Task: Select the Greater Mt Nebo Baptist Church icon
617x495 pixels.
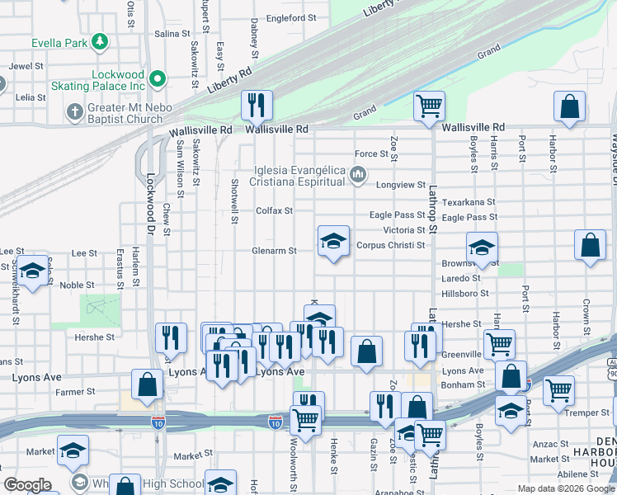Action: [x=74, y=111]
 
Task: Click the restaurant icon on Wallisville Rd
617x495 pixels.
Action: [x=257, y=104]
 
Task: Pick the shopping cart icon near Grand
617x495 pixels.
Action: [x=429, y=106]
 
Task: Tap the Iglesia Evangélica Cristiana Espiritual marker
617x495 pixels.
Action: [x=357, y=174]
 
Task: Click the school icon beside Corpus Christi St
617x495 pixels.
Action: [x=332, y=241]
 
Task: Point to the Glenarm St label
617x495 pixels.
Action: [x=274, y=252]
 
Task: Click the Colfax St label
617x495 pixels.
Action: [x=274, y=211]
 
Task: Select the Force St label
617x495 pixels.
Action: [x=371, y=154]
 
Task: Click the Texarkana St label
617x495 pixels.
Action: [x=468, y=201]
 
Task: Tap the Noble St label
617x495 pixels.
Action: [x=77, y=285]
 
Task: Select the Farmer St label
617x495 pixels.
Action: [x=76, y=392]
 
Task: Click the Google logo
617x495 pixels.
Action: [x=27, y=485]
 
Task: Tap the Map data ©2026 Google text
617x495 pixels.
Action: [x=565, y=488]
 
